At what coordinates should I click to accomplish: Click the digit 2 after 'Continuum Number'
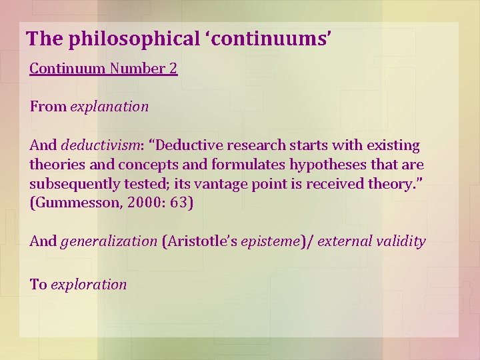point(173,69)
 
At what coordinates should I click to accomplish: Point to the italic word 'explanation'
point(109,107)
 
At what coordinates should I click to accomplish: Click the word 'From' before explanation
point(48,107)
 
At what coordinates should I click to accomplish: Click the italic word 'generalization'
point(109,241)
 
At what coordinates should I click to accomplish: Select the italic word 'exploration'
point(89,284)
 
